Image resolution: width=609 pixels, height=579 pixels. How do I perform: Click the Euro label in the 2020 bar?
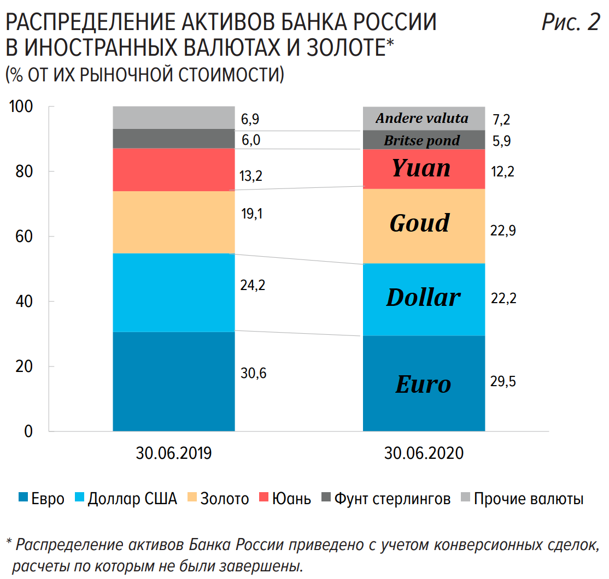pos(423,385)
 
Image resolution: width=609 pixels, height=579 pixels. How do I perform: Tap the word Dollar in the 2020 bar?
pos(423,298)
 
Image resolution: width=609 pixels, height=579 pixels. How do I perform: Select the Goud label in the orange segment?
pos(420,223)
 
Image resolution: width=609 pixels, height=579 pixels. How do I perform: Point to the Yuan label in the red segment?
pos(421,168)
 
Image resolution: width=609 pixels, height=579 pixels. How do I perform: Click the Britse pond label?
pos(421,140)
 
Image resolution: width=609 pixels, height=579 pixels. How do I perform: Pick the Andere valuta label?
pos(422,119)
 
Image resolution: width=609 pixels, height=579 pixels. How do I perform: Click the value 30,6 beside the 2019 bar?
pos(253,374)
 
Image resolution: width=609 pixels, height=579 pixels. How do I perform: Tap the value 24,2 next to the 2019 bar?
pos(253,285)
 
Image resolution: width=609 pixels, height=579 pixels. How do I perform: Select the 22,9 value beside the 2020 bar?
pos(503,231)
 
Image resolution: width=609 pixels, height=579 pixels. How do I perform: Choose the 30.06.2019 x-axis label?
pos(173,454)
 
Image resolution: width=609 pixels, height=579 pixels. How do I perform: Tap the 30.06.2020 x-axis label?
pos(424,454)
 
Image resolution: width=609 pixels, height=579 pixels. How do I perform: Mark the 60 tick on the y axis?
pos(25,237)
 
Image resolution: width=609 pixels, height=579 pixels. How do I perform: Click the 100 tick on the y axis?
pos(21,107)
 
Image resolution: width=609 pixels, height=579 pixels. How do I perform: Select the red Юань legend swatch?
pos(263,498)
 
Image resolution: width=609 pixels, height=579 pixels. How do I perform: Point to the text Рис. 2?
pos(570,23)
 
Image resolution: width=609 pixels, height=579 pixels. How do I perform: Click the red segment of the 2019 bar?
pos(173,169)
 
